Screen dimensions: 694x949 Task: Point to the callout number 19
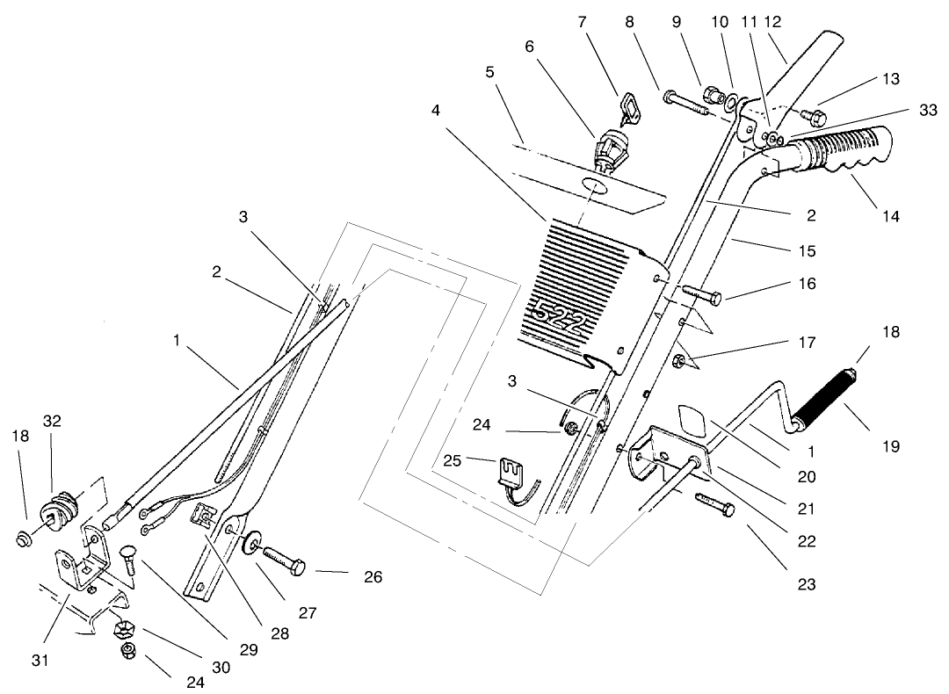coord(891,447)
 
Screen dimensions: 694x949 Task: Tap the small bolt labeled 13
coord(815,115)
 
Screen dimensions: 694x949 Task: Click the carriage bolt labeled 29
coord(129,560)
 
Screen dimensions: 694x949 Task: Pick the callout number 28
coord(279,633)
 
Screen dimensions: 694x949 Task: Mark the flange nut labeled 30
coord(123,630)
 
